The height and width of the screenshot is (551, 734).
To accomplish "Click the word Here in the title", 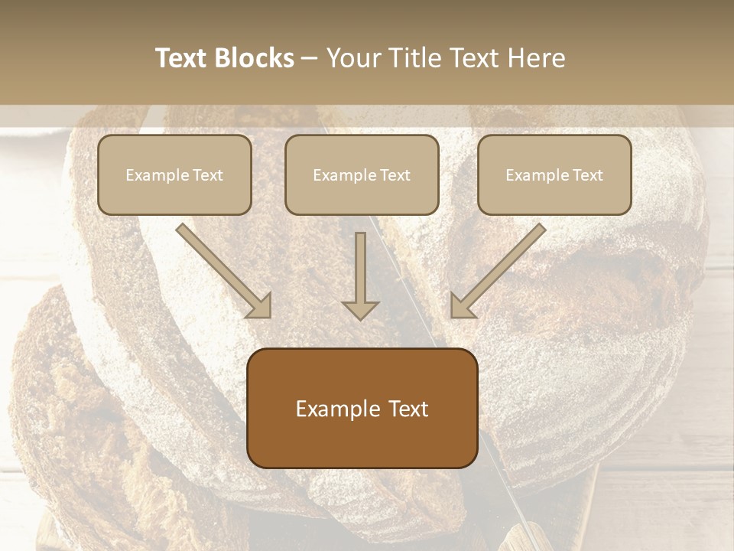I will point(539,58).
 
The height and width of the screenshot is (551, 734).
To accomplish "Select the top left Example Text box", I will point(174,174).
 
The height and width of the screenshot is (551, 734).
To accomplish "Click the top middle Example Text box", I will point(362,174).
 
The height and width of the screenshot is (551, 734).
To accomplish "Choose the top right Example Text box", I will point(554,174).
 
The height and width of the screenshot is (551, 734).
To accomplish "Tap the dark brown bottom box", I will point(362,408).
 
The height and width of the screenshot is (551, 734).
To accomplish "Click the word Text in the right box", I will point(587,175).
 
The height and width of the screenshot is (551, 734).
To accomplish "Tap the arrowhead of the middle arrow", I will point(360,308).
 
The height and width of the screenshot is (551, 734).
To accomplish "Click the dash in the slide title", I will point(310,58).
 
